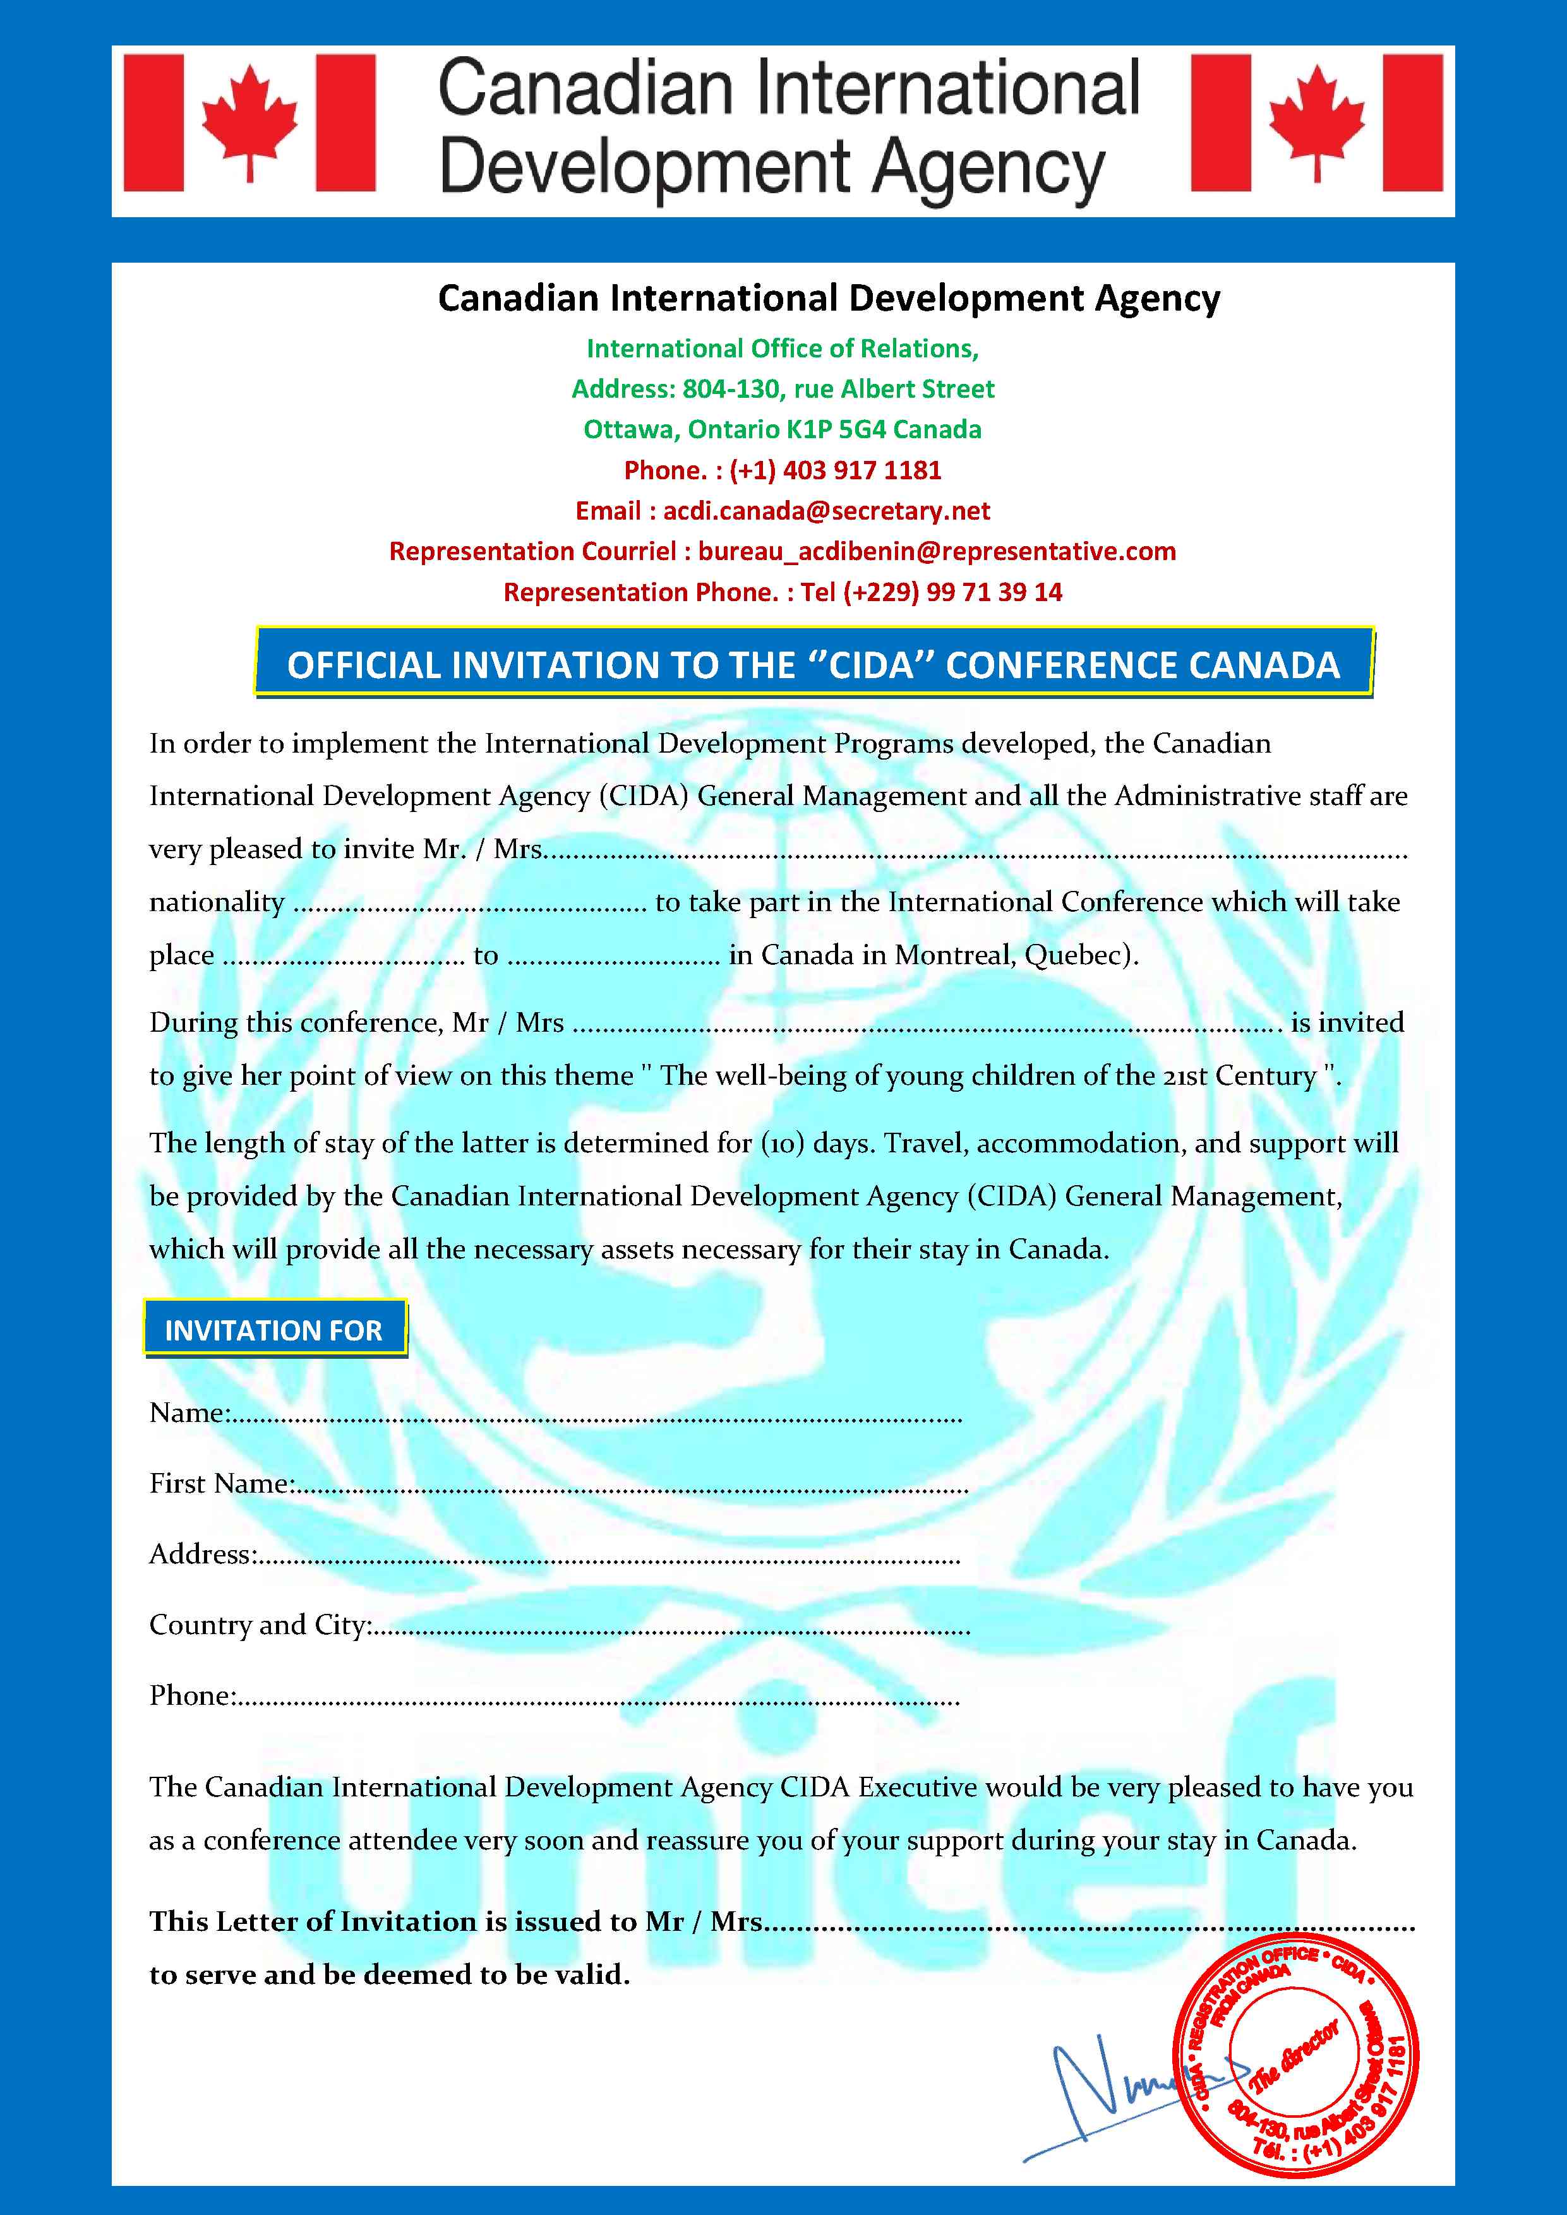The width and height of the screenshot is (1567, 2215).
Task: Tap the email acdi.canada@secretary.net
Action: point(826,511)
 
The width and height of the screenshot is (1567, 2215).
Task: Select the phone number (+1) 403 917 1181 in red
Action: point(834,471)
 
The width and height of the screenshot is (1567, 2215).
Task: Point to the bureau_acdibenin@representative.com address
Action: point(937,552)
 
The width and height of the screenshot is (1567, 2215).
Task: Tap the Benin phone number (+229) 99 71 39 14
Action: point(952,592)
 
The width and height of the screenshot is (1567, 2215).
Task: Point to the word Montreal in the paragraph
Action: point(954,955)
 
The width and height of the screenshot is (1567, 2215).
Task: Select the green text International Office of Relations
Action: point(783,349)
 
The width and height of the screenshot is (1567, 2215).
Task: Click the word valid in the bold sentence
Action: point(587,1975)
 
